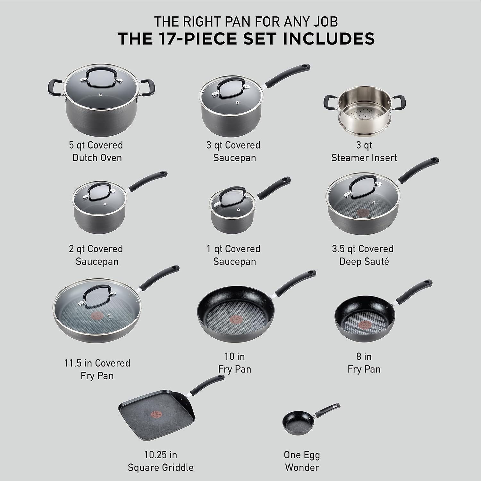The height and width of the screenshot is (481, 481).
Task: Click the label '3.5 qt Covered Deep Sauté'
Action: coord(363,255)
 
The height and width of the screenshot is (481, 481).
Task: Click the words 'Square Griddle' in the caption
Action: coord(160,467)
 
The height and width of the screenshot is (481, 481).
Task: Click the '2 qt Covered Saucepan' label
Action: coord(97,255)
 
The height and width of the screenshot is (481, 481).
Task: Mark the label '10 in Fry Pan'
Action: coord(234,363)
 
